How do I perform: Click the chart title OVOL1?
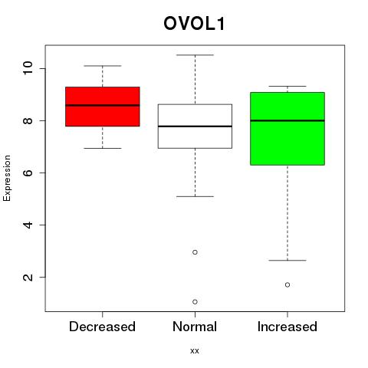(194, 24)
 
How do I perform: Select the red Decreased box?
(103, 107)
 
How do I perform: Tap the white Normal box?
(195, 127)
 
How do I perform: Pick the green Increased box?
(287, 129)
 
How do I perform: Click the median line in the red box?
(103, 105)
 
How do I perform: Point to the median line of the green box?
(287, 120)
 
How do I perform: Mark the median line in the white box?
(195, 127)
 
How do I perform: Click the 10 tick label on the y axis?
(28, 68)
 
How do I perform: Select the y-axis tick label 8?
(28, 120)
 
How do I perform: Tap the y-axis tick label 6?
(28, 172)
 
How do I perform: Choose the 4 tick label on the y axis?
(28, 225)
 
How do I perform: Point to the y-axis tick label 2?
(28, 277)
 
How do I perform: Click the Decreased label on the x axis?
(102, 327)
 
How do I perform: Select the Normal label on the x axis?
(195, 327)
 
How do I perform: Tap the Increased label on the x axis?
(287, 327)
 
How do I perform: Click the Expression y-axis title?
(7, 178)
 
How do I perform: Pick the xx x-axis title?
(195, 350)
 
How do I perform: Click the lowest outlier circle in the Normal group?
(195, 302)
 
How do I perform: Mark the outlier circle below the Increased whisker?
(287, 284)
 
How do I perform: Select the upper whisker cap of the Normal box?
(195, 55)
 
